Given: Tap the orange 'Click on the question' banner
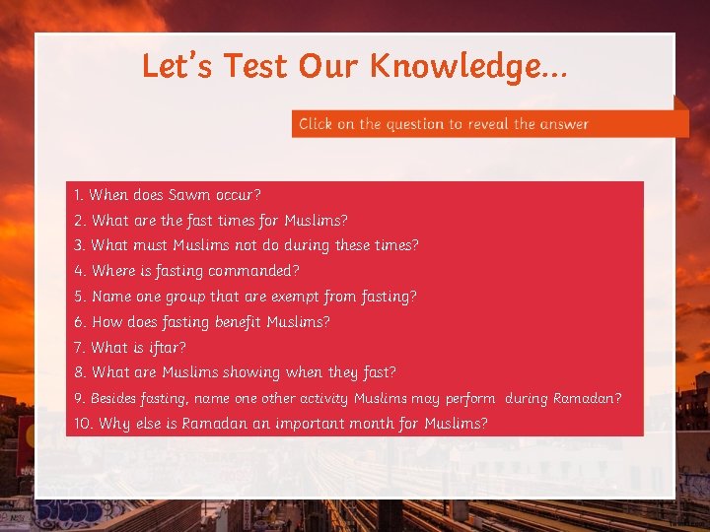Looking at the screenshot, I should (490, 124).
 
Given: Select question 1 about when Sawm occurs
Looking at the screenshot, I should (167, 195).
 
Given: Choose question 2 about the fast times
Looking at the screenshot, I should (210, 221).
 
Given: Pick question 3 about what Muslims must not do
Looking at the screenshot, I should (246, 245).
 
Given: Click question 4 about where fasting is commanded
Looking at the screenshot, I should (186, 271).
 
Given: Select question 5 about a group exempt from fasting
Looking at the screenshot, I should (245, 297).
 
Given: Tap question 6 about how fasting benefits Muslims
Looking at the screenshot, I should (201, 322).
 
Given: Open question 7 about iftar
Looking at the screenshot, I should (129, 348).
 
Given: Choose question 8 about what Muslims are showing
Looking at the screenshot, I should (235, 372).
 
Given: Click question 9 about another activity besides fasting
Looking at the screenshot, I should (347, 399).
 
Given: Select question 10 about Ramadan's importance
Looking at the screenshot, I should (280, 424).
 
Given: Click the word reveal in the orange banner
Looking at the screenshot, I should (488, 124).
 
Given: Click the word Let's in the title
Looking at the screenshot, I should (178, 66).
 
